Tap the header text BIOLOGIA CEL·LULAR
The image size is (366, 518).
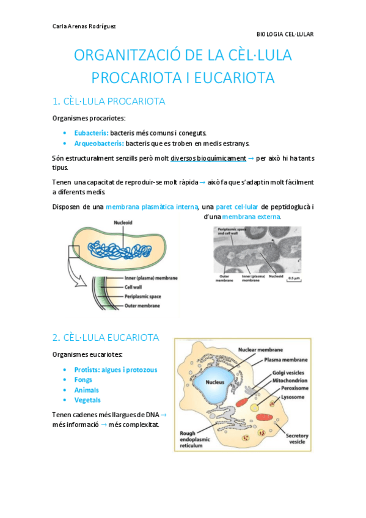click(x=284, y=34)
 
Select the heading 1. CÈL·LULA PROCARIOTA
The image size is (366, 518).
click(x=109, y=101)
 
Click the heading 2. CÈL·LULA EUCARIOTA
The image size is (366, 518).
click(x=106, y=337)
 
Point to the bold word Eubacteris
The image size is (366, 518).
click(x=91, y=132)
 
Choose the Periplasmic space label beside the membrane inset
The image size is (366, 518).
click(x=147, y=295)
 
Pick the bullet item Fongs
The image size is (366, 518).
click(x=83, y=380)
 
